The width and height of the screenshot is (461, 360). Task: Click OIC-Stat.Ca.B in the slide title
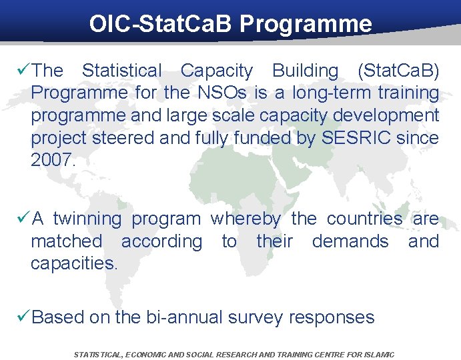(x=161, y=24)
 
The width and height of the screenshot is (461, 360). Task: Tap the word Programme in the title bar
(x=306, y=24)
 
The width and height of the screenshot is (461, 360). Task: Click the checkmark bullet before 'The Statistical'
(x=22, y=70)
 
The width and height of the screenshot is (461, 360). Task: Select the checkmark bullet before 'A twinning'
(x=22, y=219)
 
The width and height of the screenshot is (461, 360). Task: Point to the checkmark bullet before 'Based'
(x=22, y=317)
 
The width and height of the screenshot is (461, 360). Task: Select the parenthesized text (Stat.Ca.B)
(x=398, y=71)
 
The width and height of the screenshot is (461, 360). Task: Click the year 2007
(x=54, y=161)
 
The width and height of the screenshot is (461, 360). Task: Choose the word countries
(x=364, y=219)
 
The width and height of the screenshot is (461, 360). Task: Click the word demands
(x=350, y=241)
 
